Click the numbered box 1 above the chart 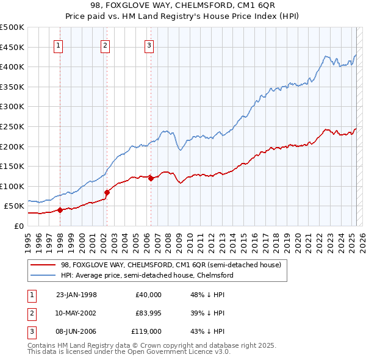click(x=59, y=45)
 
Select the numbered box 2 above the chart click(x=105, y=45)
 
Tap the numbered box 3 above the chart click(x=149, y=45)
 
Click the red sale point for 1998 click(x=60, y=210)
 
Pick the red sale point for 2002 click(x=107, y=192)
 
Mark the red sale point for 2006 click(x=151, y=179)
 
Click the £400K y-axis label click(x=12, y=67)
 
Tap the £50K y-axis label click(x=14, y=206)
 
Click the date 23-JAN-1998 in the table click(x=76, y=294)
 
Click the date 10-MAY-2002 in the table click(x=76, y=313)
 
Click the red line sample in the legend click(x=43, y=265)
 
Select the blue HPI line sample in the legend click(x=43, y=275)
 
